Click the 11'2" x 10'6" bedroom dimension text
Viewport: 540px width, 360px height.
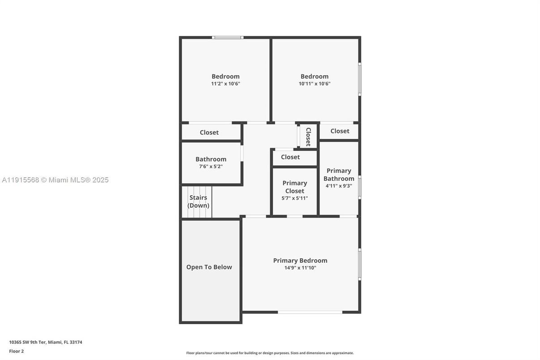click(225, 84)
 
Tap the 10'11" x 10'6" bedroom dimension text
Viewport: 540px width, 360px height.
click(315, 84)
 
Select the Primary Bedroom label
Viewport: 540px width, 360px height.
click(300, 261)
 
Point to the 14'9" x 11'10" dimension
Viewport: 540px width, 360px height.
click(300, 268)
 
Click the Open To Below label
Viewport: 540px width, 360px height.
click(209, 267)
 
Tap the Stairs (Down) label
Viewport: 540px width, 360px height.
click(198, 201)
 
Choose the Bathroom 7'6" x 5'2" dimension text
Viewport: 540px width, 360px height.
click(211, 167)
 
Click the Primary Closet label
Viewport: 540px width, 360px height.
click(294, 187)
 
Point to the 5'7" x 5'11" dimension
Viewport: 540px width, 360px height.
click(294, 198)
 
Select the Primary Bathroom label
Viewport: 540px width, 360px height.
click(339, 175)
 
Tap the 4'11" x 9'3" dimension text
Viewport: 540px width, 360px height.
click(339, 185)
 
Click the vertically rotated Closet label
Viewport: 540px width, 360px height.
click(308, 137)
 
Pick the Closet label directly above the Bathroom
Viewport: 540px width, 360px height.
click(209, 133)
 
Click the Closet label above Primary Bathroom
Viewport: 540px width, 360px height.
click(340, 131)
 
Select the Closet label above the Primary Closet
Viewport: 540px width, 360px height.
click(290, 157)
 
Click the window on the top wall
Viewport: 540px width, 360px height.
click(228, 38)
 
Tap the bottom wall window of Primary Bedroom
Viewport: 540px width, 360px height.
click(310, 312)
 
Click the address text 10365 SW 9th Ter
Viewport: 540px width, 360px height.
click(46, 343)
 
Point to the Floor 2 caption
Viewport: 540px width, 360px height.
click(17, 351)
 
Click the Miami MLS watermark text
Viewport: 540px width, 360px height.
click(55, 180)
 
